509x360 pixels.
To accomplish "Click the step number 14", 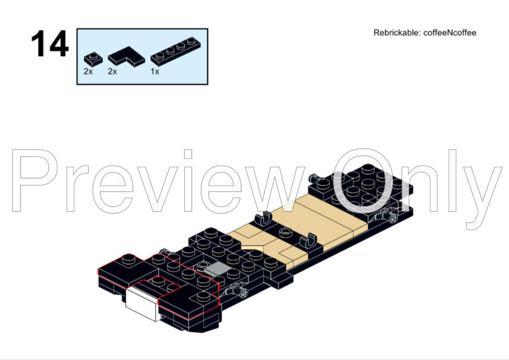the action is coord(50,43).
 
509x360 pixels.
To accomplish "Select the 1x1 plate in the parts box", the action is coord(93,59).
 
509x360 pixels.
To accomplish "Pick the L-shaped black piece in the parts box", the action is coord(126,56).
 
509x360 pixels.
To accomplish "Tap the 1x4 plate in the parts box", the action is coord(176,51).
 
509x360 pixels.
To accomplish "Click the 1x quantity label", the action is coord(155,71).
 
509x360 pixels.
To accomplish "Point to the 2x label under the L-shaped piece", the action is coord(112,71).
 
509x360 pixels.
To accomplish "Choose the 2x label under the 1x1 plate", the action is coord(88,71).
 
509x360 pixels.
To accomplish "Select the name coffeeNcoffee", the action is coord(450,33).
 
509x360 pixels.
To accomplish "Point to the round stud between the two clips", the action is coord(285,232).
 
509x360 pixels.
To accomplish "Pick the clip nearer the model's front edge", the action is coord(308,240).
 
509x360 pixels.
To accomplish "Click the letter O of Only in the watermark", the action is coord(363,181).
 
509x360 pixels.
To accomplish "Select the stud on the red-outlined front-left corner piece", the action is coord(129,258).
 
